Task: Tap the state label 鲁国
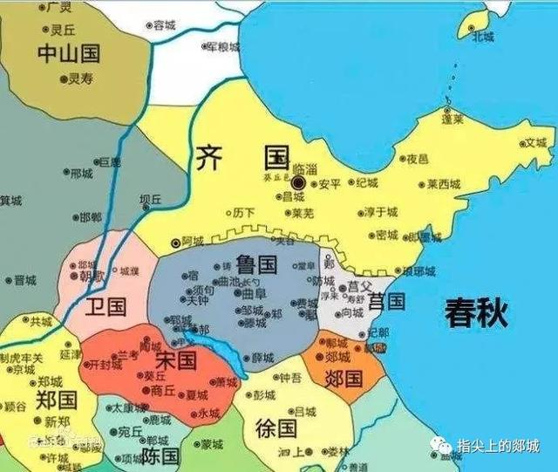tap(255, 263)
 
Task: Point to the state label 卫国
tap(107, 306)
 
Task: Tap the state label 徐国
tap(277, 428)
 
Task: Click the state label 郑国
tap(57, 400)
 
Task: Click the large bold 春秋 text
tap(476, 311)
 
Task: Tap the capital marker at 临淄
tap(298, 183)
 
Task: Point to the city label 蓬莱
tap(453, 120)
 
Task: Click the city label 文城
tap(534, 142)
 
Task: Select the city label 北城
tap(482, 37)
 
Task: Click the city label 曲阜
tap(255, 295)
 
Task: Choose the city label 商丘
tap(163, 391)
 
